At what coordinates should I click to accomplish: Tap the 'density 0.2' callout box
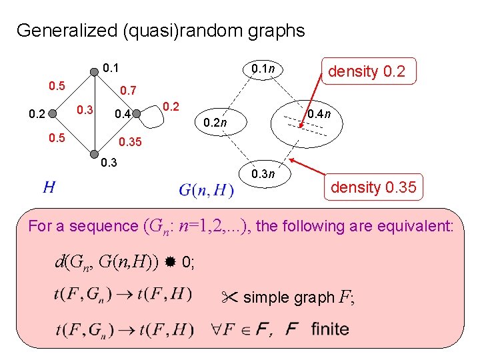tap(367, 71)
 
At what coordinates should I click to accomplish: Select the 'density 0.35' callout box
tap(373, 188)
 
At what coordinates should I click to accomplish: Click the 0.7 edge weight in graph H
tap(127, 91)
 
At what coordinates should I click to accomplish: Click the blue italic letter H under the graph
tap(48, 187)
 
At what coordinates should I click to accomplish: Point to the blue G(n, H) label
tap(207, 191)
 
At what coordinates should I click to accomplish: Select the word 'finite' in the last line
tap(329, 329)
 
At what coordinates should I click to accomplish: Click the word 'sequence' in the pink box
tap(106, 227)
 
